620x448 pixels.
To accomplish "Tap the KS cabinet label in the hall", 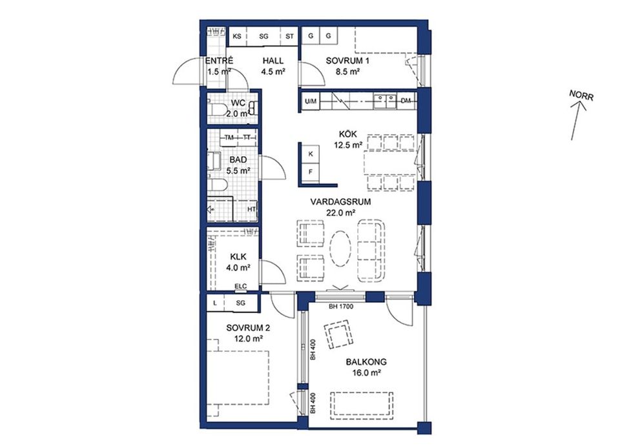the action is [237, 36].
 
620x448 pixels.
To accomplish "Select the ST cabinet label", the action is [289, 36].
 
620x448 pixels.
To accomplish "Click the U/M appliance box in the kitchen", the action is [311, 101].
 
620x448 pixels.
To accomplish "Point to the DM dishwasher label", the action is [406, 101].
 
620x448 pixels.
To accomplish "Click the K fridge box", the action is [311, 154].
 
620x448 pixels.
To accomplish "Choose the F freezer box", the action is [311, 172].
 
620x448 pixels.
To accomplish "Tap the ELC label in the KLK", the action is [240, 287].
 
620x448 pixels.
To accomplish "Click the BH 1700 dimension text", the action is [341, 306].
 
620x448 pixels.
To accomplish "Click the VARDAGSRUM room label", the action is [340, 202].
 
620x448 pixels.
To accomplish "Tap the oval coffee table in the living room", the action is [340, 249].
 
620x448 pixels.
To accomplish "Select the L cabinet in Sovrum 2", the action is [215, 303].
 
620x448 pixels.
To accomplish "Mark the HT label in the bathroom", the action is [251, 209].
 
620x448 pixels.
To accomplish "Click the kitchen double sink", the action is [385, 101].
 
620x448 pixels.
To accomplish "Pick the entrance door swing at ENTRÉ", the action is [187, 70].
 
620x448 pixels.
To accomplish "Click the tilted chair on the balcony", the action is [338, 334].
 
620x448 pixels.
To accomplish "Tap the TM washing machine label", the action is [229, 137].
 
